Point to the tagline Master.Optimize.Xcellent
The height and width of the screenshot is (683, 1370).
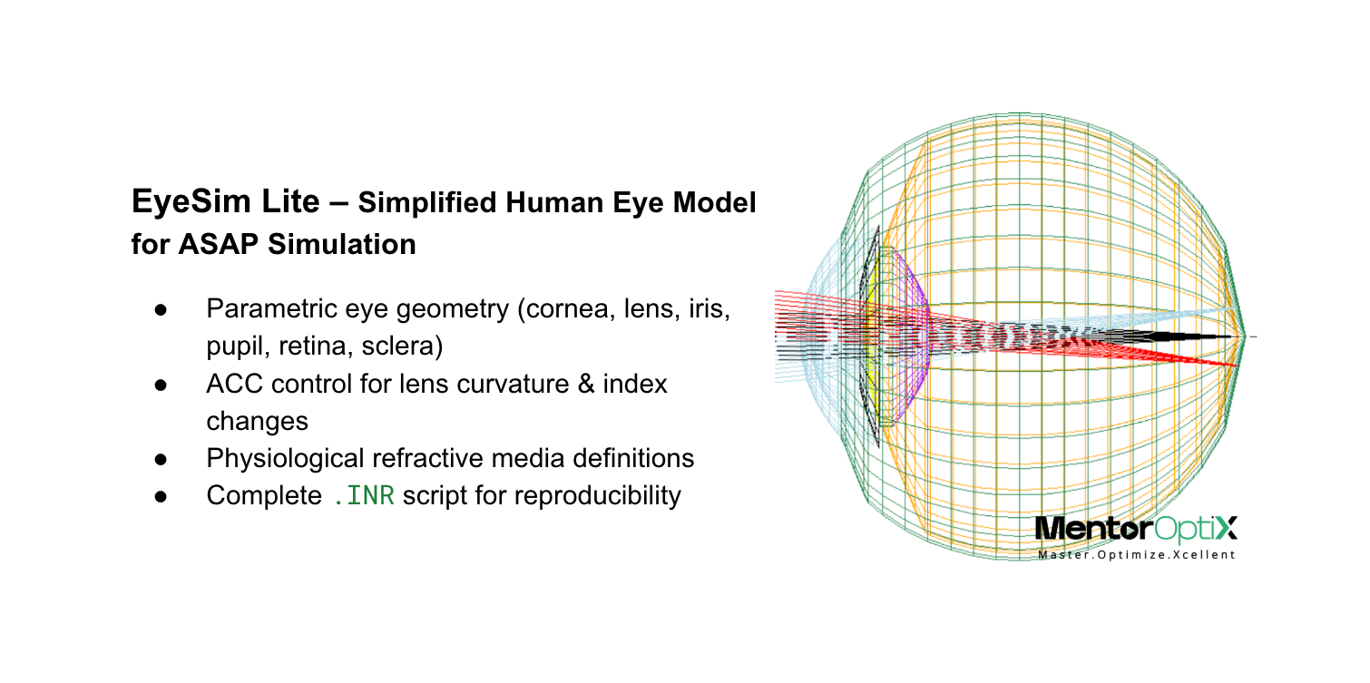1137,552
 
